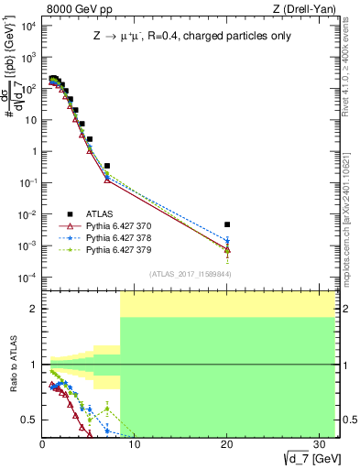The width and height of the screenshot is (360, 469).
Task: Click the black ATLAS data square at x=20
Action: click(x=227, y=224)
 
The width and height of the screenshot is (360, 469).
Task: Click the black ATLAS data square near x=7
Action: click(x=107, y=166)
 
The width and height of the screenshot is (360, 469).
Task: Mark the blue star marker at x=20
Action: click(x=227, y=241)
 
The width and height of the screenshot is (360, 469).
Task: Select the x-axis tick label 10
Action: click(x=135, y=444)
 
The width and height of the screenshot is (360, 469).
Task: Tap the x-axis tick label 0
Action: click(x=43, y=444)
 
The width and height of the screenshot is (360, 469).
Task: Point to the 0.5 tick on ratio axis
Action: click(x=31, y=420)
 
